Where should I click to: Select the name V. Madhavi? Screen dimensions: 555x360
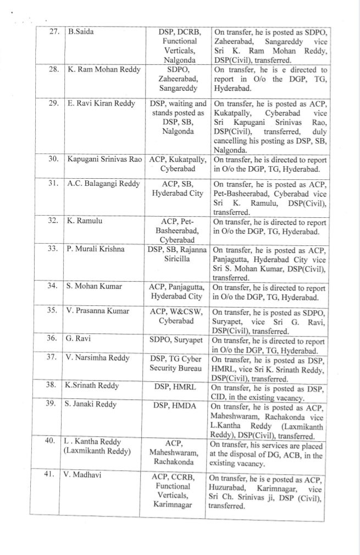tap(86, 475)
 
